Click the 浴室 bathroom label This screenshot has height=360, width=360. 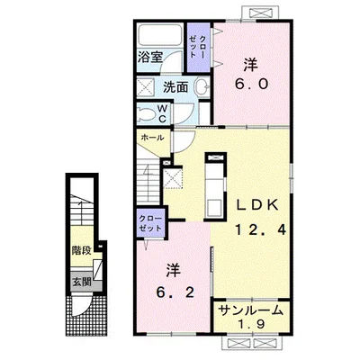150,57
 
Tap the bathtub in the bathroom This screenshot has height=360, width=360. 160,35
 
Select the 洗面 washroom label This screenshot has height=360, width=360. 175,87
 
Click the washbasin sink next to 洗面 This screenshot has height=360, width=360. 202,87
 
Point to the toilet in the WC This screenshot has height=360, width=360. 146,114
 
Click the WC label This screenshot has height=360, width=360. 162,113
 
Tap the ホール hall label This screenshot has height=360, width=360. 152,138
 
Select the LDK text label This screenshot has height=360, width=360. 257,205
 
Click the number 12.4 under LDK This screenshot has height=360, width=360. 260,229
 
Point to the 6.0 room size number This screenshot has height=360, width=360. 251,85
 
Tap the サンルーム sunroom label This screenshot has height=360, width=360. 251,310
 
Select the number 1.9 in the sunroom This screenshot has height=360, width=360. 251,324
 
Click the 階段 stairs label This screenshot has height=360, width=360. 81,250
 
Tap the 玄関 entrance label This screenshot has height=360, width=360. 82,282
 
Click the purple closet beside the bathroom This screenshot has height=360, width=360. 198,47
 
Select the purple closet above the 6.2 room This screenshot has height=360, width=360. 151,224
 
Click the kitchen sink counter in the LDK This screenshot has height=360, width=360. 215,186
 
